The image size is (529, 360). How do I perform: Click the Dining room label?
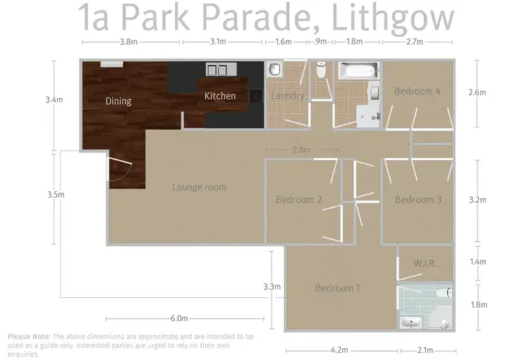pyautogui.click(x=118, y=101)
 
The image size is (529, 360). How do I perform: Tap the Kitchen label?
pyautogui.click(x=220, y=96)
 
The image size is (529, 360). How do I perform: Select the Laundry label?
pyautogui.click(x=287, y=96)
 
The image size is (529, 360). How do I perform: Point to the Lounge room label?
pyautogui.click(x=200, y=187)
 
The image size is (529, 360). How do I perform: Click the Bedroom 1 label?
pyautogui.click(x=337, y=288)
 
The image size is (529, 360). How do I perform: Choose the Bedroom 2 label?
pyautogui.click(x=298, y=200)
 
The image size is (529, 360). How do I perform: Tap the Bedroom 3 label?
pyautogui.click(x=418, y=200)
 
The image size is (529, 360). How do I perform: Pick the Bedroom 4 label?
pyautogui.click(x=417, y=91)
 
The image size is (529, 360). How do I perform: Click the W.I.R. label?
pyautogui.click(x=425, y=263)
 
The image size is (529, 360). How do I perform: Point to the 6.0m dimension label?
pyautogui.click(x=178, y=318)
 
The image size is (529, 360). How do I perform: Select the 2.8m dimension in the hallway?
pyautogui.click(x=301, y=150)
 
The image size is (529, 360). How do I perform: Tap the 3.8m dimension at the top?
pyautogui.click(x=128, y=42)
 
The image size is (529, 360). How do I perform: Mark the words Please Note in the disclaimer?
pyautogui.click(x=29, y=337)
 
